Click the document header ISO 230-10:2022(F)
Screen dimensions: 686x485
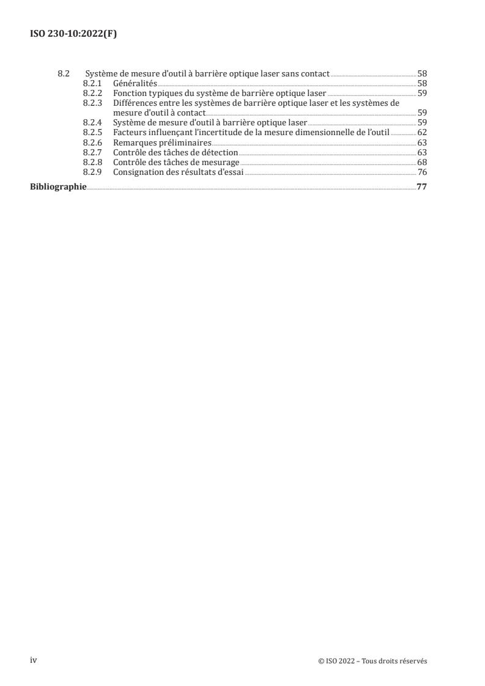[73, 34]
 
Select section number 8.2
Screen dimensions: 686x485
[63, 74]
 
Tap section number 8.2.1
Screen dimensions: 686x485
[92, 83]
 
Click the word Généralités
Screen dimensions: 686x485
[135, 83]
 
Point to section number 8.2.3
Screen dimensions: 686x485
[92, 103]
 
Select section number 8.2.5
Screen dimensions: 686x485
[92, 133]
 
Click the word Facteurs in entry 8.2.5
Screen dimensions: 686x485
[130, 133]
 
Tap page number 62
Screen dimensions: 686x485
[422, 133]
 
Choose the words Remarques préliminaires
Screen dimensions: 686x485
[162, 142]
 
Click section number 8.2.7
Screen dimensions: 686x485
[92, 152]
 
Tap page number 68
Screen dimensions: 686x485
[422, 162]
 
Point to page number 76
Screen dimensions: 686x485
[422, 172]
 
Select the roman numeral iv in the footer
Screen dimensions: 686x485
[34, 660]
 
